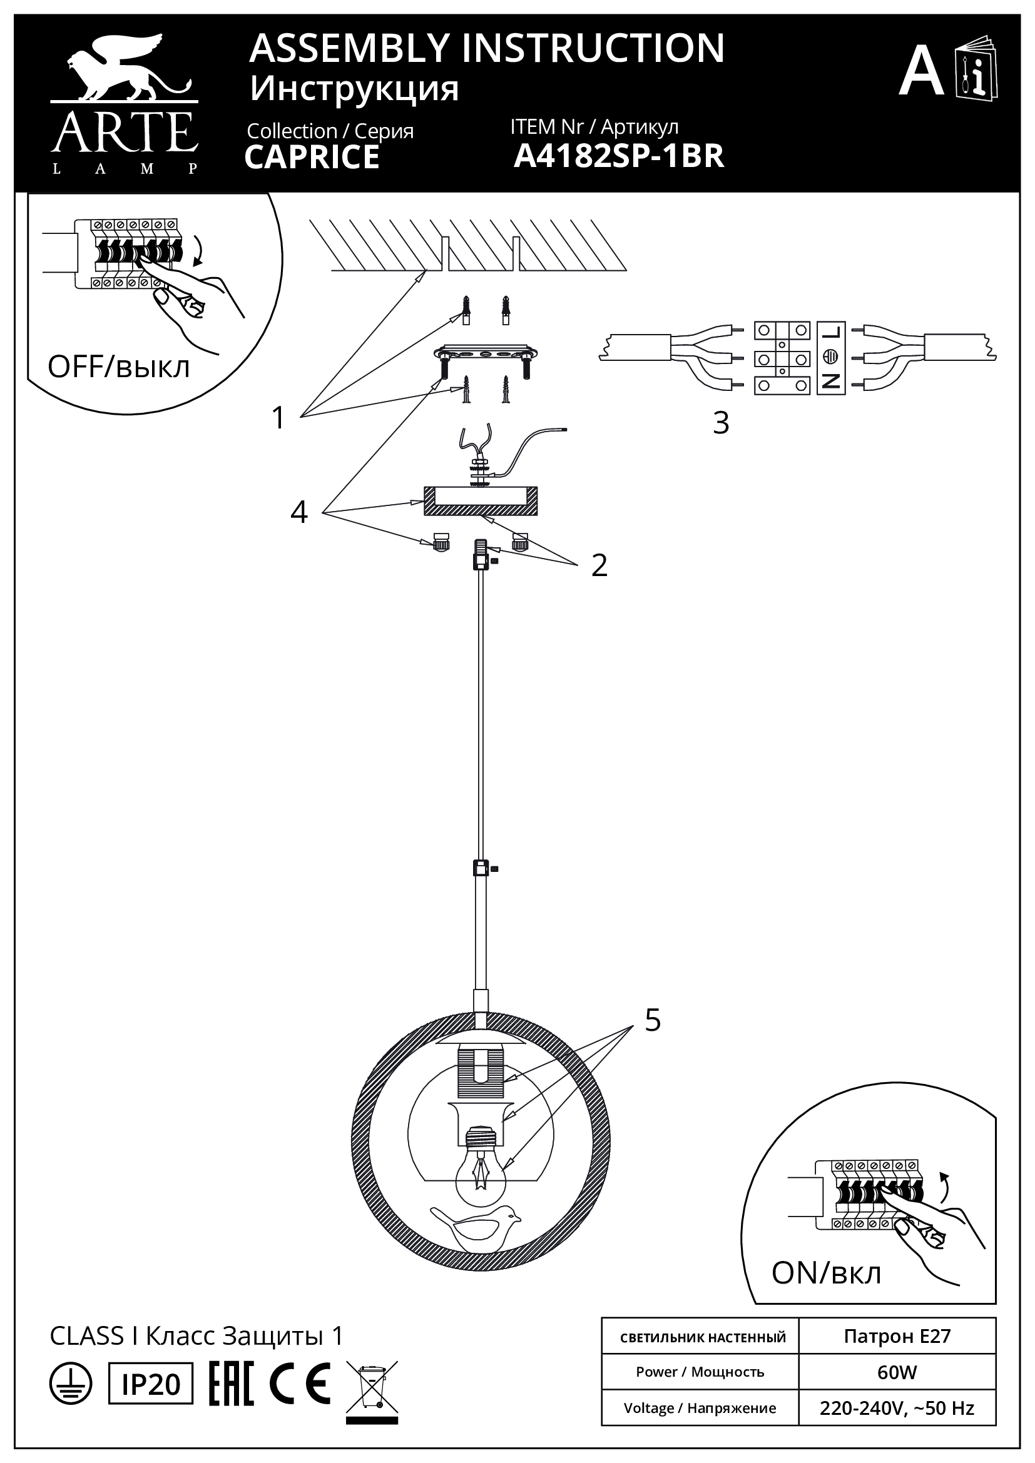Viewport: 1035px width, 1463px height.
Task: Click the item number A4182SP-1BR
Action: click(618, 156)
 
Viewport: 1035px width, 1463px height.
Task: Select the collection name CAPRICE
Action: click(312, 158)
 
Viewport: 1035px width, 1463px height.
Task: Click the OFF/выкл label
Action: click(118, 368)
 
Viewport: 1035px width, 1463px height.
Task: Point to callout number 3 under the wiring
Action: click(720, 422)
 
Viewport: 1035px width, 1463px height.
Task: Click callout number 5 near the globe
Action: click(652, 1020)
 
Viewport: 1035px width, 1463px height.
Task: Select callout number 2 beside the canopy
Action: click(598, 565)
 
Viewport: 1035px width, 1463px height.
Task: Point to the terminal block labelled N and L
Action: click(830, 358)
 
